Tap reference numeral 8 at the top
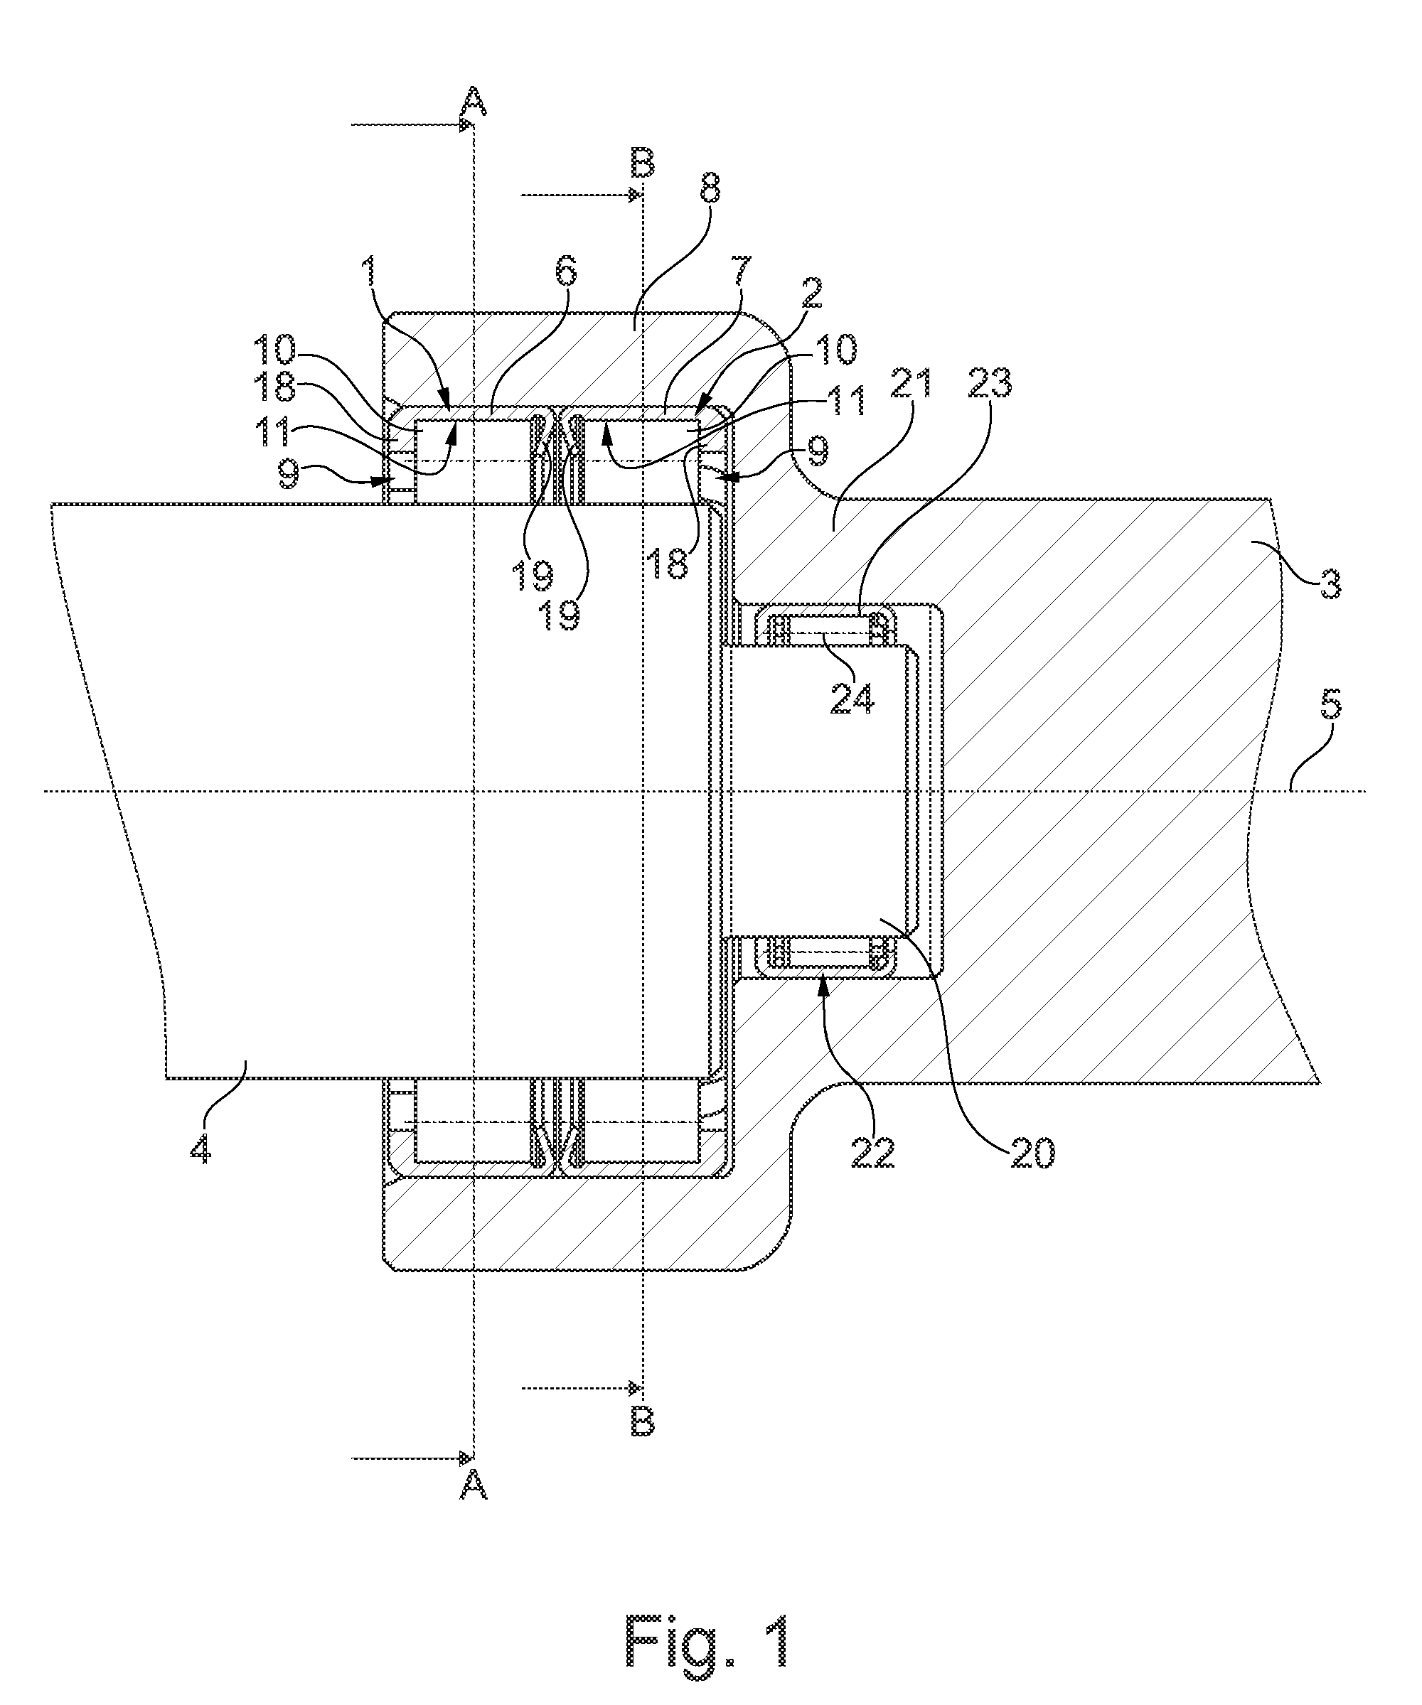(x=709, y=192)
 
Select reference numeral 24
(x=851, y=697)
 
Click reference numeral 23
(x=988, y=382)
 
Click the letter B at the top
(x=642, y=164)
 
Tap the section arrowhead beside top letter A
(x=465, y=124)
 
